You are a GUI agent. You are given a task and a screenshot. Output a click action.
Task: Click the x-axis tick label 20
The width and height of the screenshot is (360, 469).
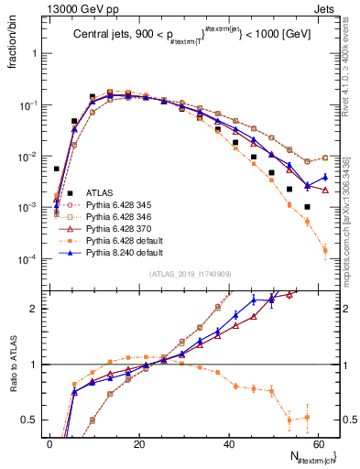[139, 443]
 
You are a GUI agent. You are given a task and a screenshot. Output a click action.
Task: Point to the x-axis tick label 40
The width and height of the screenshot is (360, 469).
[229, 443]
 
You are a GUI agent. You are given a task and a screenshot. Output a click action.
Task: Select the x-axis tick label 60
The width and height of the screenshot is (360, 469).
[318, 443]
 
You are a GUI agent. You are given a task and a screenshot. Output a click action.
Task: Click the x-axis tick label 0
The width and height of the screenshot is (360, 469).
[49, 443]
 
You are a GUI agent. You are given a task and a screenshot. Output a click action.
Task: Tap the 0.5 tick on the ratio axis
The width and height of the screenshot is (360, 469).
[34, 420]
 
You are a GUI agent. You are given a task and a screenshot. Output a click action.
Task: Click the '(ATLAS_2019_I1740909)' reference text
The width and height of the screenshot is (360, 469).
[190, 274]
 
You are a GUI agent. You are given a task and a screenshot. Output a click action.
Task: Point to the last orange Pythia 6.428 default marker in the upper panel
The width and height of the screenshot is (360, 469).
[325, 249]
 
